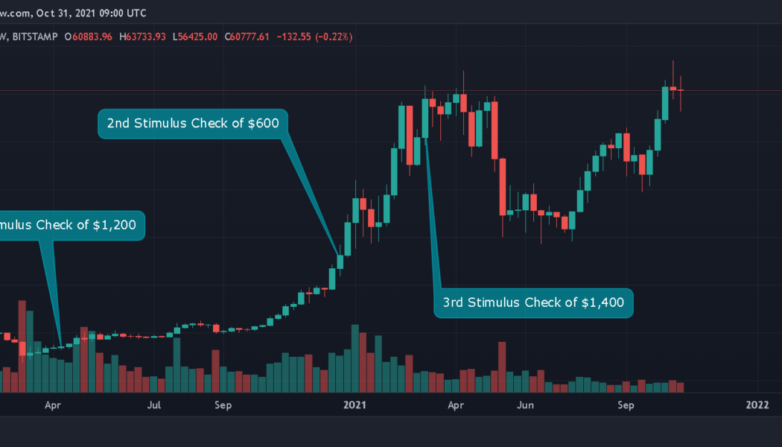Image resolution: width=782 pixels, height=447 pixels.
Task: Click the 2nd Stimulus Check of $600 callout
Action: click(192, 124)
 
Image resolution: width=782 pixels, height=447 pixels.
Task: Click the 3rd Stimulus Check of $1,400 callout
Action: click(533, 302)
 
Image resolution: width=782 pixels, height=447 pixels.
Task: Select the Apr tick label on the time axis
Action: click(52, 405)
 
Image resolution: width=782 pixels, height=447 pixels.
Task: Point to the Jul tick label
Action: click(154, 405)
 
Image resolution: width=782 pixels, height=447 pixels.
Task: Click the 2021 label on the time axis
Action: click(355, 405)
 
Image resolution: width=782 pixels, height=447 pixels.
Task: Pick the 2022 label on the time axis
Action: click(757, 405)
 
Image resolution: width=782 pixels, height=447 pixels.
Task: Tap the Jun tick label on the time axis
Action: click(526, 405)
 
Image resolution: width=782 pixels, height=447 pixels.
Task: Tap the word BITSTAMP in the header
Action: click(34, 37)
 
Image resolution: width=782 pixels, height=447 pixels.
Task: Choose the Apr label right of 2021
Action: click(456, 405)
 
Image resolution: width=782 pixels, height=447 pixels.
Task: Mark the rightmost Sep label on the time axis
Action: click(626, 405)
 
